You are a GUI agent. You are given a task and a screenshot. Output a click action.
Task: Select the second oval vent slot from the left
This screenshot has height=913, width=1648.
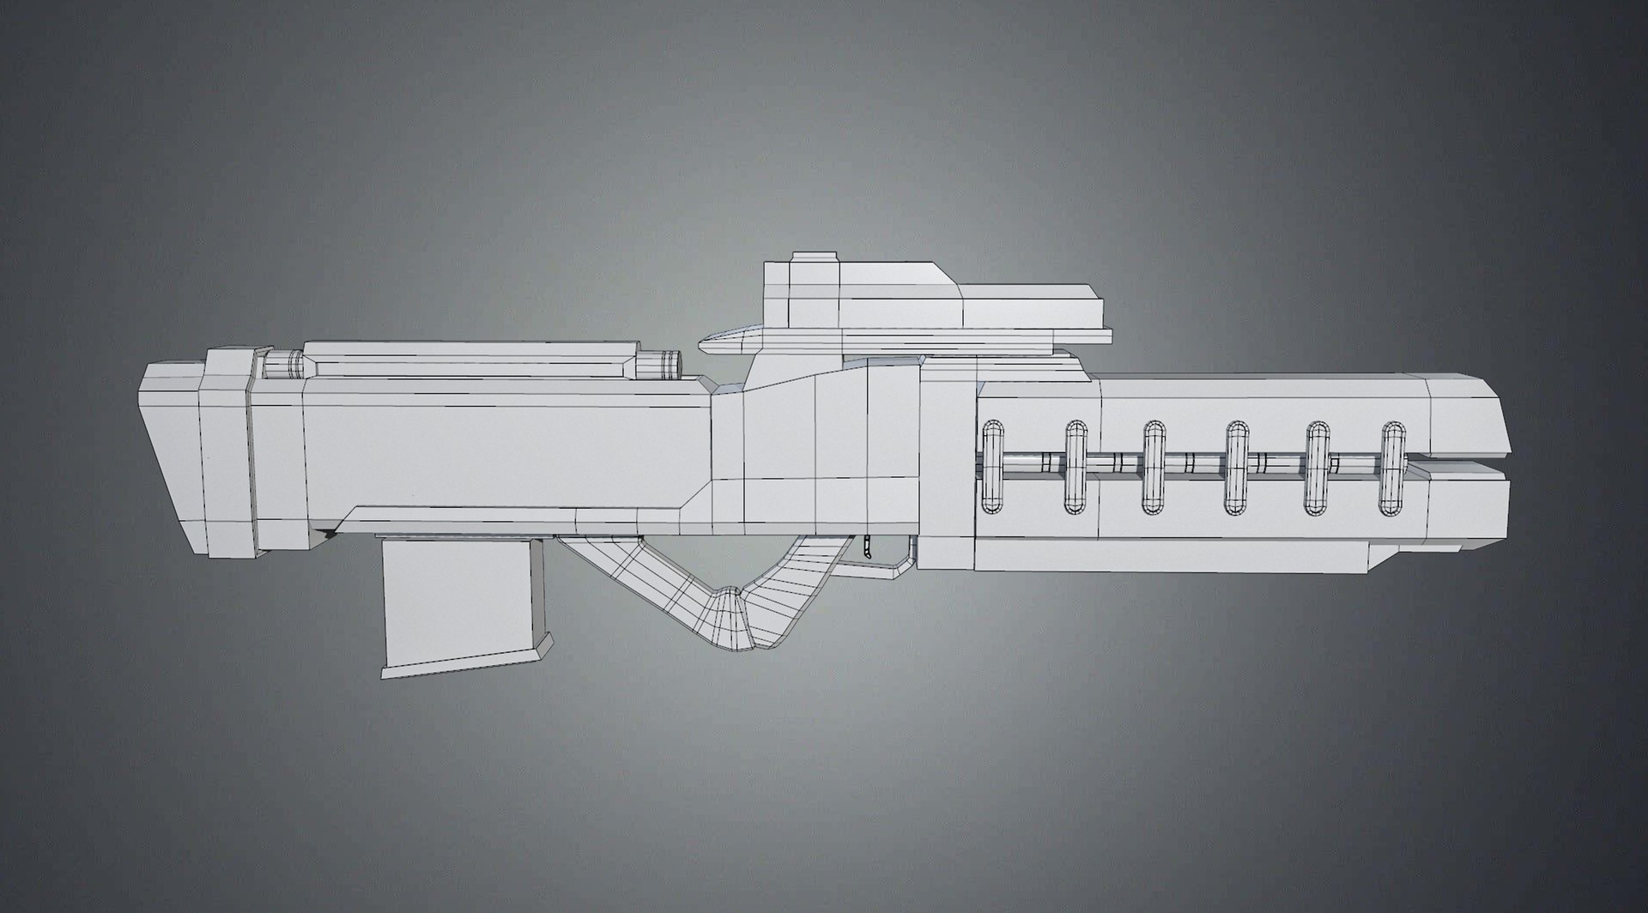pos(1075,468)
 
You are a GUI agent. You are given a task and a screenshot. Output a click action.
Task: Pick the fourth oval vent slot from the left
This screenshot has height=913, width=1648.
pos(1236,468)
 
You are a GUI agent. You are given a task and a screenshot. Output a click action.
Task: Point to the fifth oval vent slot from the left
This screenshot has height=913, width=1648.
pos(1317,468)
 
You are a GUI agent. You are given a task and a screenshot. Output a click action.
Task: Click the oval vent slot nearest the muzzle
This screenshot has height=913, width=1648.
pos(1393,468)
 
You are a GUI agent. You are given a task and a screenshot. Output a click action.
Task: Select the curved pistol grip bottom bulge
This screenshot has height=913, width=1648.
pos(730,618)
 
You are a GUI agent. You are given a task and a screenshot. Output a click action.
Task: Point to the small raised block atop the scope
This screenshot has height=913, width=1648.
pos(814,257)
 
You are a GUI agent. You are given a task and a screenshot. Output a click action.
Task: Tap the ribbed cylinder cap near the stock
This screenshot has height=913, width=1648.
pos(283,364)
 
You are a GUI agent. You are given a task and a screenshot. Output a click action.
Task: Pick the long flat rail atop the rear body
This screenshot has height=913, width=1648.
pos(472,359)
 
